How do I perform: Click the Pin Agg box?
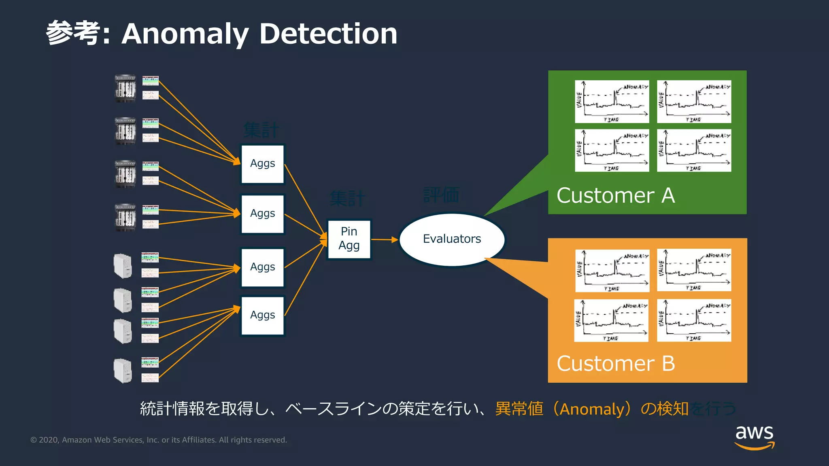pyautogui.click(x=349, y=239)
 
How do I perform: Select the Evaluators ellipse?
pyautogui.click(x=452, y=239)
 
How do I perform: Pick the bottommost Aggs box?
pyautogui.click(x=263, y=316)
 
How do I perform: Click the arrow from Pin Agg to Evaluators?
pyautogui.click(x=384, y=240)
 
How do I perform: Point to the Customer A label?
pyautogui.click(x=615, y=196)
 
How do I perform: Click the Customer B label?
pyautogui.click(x=615, y=364)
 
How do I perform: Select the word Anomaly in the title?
pyautogui.click(x=185, y=34)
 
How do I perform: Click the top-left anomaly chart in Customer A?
pyautogui.click(x=612, y=102)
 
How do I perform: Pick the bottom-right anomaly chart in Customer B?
pyautogui.click(x=694, y=320)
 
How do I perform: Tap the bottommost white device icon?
pyautogui.click(x=123, y=370)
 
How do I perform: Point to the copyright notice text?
pyautogui.click(x=159, y=440)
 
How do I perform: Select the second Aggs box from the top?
pyautogui.click(x=263, y=214)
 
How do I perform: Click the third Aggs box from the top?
pyautogui.click(x=263, y=267)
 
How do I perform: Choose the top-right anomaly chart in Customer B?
pyautogui.click(x=694, y=270)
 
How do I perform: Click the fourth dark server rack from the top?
pyautogui.click(x=125, y=217)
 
